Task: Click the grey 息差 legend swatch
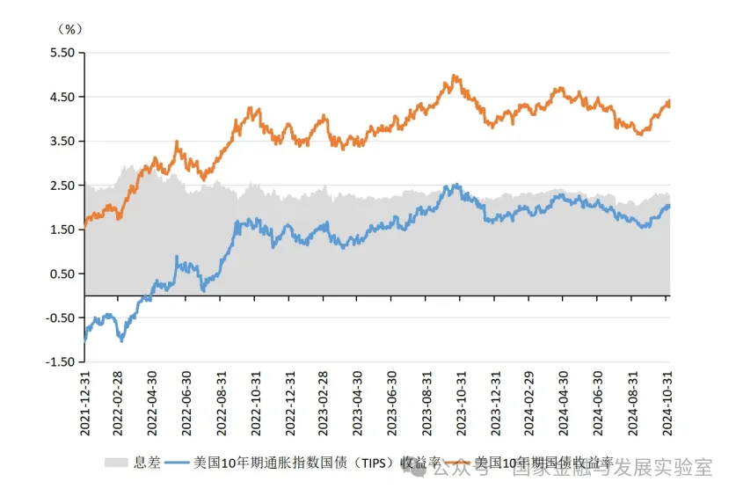pos(117,463)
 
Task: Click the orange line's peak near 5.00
pos(454,77)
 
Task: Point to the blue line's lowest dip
pos(120,339)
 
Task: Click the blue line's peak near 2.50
pos(455,186)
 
